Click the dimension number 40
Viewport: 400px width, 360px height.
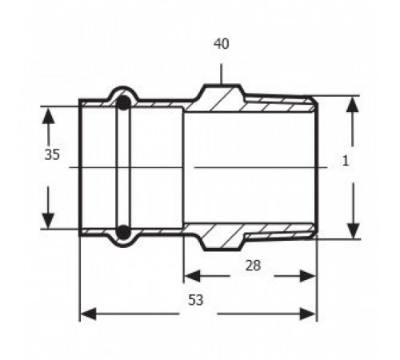222,44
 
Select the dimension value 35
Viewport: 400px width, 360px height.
52,154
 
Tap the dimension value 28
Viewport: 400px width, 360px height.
253,266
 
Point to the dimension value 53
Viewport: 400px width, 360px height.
196,300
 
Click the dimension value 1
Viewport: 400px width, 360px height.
346,161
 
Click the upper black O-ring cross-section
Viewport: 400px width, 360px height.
123,103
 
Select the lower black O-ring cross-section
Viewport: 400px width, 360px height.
123,232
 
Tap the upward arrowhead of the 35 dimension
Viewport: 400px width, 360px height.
48,115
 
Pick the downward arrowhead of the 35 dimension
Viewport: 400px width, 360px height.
48,221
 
